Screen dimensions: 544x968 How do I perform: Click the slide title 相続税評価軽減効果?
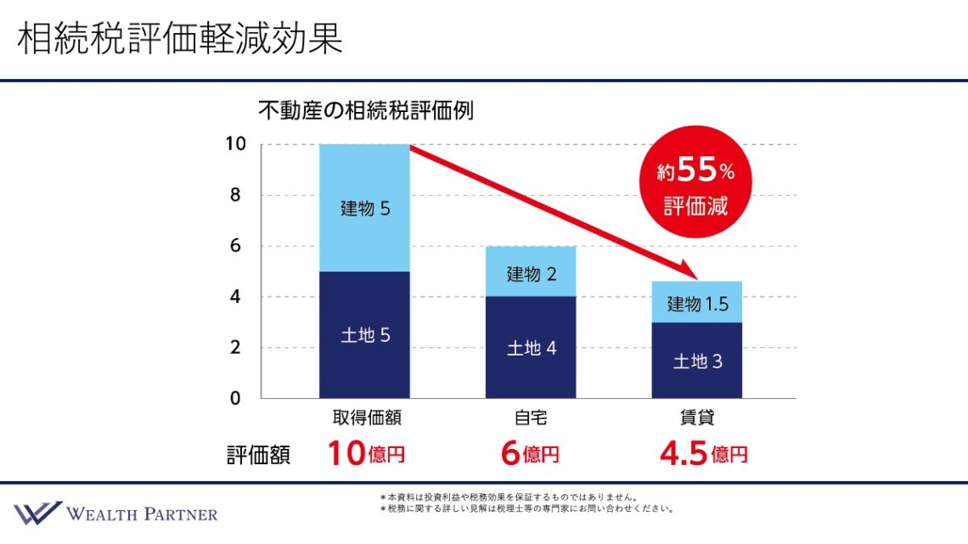tap(180, 38)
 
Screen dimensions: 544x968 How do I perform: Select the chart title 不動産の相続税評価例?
tap(366, 110)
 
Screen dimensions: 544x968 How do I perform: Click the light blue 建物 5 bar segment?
tap(364, 208)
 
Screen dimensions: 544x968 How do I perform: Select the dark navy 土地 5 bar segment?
tap(364, 334)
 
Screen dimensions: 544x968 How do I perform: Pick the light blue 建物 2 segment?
tap(531, 272)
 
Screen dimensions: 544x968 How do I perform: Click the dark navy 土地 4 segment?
tap(531, 347)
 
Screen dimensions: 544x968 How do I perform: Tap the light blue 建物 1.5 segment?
tap(697, 302)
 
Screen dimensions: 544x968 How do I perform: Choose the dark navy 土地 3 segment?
tap(697, 361)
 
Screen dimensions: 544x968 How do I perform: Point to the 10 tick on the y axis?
tap(235, 144)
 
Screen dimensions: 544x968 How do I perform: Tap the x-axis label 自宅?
tap(531, 418)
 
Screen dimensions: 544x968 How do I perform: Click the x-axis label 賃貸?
tap(697, 418)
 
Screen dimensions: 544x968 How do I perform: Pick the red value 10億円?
tap(367, 454)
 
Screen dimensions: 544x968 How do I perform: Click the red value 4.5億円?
tap(703, 454)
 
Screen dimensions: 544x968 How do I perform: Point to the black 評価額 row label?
tap(258, 455)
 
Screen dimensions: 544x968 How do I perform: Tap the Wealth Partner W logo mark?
tap(37, 513)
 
